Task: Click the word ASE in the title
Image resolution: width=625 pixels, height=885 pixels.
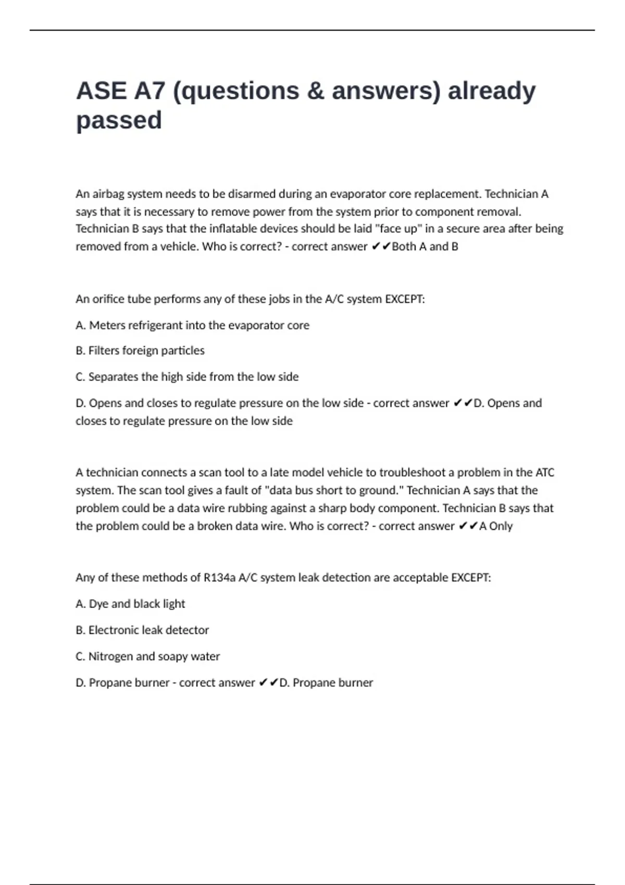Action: [x=102, y=91]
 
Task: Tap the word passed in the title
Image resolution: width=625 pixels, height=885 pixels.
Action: [x=119, y=121]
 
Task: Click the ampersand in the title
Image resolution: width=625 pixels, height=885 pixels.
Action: [x=315, y=91]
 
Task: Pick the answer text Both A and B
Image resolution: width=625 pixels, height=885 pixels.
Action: [x=424, y=247]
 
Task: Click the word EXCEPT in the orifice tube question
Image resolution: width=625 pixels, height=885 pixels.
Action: [x=404, y=299]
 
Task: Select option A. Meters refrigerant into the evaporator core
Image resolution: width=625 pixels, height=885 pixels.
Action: [x=192, y=325]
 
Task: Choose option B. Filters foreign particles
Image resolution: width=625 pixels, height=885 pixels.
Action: [x=140, y=351]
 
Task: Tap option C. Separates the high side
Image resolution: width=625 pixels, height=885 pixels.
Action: [x=187, y=377]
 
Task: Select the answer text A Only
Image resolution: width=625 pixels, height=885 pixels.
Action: [x=496, y=526]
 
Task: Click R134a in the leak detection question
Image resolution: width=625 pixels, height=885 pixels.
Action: [x=219, y=578]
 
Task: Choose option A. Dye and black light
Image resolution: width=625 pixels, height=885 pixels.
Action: [x=130, y=604]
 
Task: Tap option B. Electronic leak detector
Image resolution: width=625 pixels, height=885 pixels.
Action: [x=142, y=630]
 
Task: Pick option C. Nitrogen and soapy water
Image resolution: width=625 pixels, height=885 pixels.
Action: [x=147, y=656]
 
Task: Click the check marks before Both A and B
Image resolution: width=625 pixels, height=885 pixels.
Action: [x=381, y=247]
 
